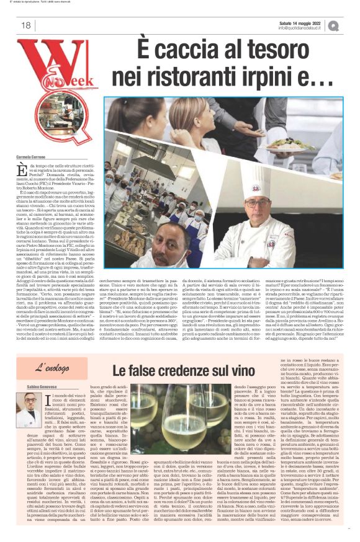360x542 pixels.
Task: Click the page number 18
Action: click(x=25, y=25)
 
